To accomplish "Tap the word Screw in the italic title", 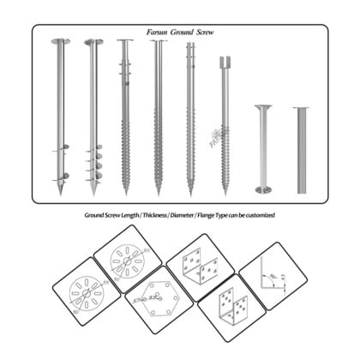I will pyautogui.click(x=204, y=32).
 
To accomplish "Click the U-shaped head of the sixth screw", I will pyautogui.click(x=225, y=62).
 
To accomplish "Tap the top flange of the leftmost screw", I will pyautogui.click(x=60, y=40).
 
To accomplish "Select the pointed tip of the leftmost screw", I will pyautogui.click(x=60, y=193).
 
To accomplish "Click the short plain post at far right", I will pyautogui.click(x=301, y=150).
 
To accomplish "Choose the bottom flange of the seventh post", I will pyautogui.click(x=262, y=189).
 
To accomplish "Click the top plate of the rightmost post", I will pyautogui.click(x=301, y=108).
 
